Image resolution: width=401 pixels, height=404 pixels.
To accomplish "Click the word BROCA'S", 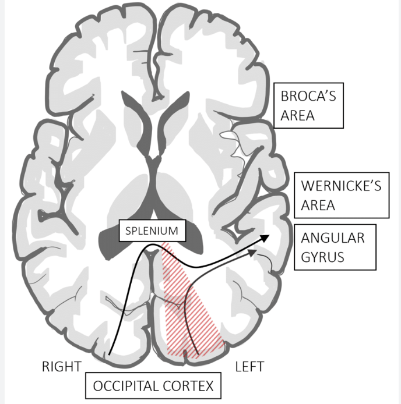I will pos(308,96).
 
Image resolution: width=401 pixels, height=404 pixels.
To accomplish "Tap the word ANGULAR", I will pos(332,238).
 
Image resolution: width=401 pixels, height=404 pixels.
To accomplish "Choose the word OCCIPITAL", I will pos(128,385).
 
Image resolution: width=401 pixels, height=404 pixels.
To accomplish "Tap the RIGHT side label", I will pos(61,367).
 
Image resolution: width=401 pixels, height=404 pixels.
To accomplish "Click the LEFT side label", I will pos(249,367).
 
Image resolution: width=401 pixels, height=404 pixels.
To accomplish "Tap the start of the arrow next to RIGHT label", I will pos(110,354).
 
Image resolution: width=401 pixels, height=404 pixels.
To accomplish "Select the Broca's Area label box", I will pos(308,105).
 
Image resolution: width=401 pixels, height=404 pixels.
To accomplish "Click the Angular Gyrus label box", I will pos(332,248).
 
